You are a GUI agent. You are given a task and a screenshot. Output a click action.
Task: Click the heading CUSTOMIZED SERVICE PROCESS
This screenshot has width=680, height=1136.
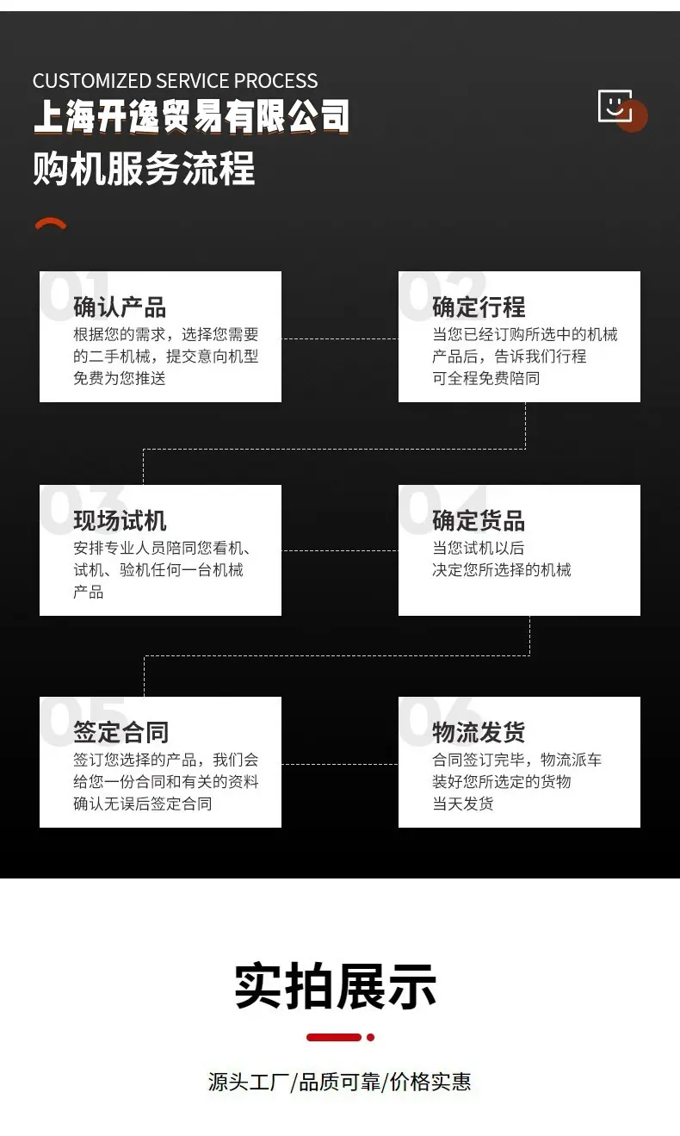click(x=176, y=81)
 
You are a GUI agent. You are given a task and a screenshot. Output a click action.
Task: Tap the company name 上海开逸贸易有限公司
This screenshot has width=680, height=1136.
click(x=192, y=116)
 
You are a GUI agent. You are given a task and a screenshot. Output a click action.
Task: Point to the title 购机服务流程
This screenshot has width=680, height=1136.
click(x=144, y=168)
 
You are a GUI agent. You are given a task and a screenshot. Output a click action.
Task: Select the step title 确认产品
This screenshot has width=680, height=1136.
click(x=120, y=307)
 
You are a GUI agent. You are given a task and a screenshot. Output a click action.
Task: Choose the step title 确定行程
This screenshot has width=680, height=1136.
click(x=479, y=307)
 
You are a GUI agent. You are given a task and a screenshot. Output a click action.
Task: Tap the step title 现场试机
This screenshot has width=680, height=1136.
click(x=120, y=520)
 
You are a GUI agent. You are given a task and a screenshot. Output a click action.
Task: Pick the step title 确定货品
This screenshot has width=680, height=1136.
click(x=479, y=520)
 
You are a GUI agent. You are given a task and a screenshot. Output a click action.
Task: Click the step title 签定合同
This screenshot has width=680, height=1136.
click(x=121, y=732)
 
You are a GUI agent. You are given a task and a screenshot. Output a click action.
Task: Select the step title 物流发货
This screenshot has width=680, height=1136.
click(x=479, y=732)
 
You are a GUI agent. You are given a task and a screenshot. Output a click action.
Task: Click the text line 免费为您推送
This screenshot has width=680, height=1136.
click(x=120, y=378)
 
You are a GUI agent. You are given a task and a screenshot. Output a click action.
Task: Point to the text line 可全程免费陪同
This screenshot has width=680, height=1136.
click(x=486, y=378)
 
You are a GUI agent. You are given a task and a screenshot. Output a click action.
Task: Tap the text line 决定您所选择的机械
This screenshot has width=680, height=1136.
click(x=502, y=570)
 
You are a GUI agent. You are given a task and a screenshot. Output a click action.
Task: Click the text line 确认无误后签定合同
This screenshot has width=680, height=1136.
click(x=143, y=804)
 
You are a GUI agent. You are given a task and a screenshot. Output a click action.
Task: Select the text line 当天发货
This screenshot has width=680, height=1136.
click(x=462, y=804)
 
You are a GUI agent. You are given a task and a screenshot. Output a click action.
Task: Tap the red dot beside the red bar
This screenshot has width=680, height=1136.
click(x=370, y=1038)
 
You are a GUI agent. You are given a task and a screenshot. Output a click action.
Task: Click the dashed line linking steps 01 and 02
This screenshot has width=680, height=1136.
click(x=340, y=338)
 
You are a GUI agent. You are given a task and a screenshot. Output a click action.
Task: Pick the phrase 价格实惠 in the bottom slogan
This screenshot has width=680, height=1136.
click(x=430, y=1082)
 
